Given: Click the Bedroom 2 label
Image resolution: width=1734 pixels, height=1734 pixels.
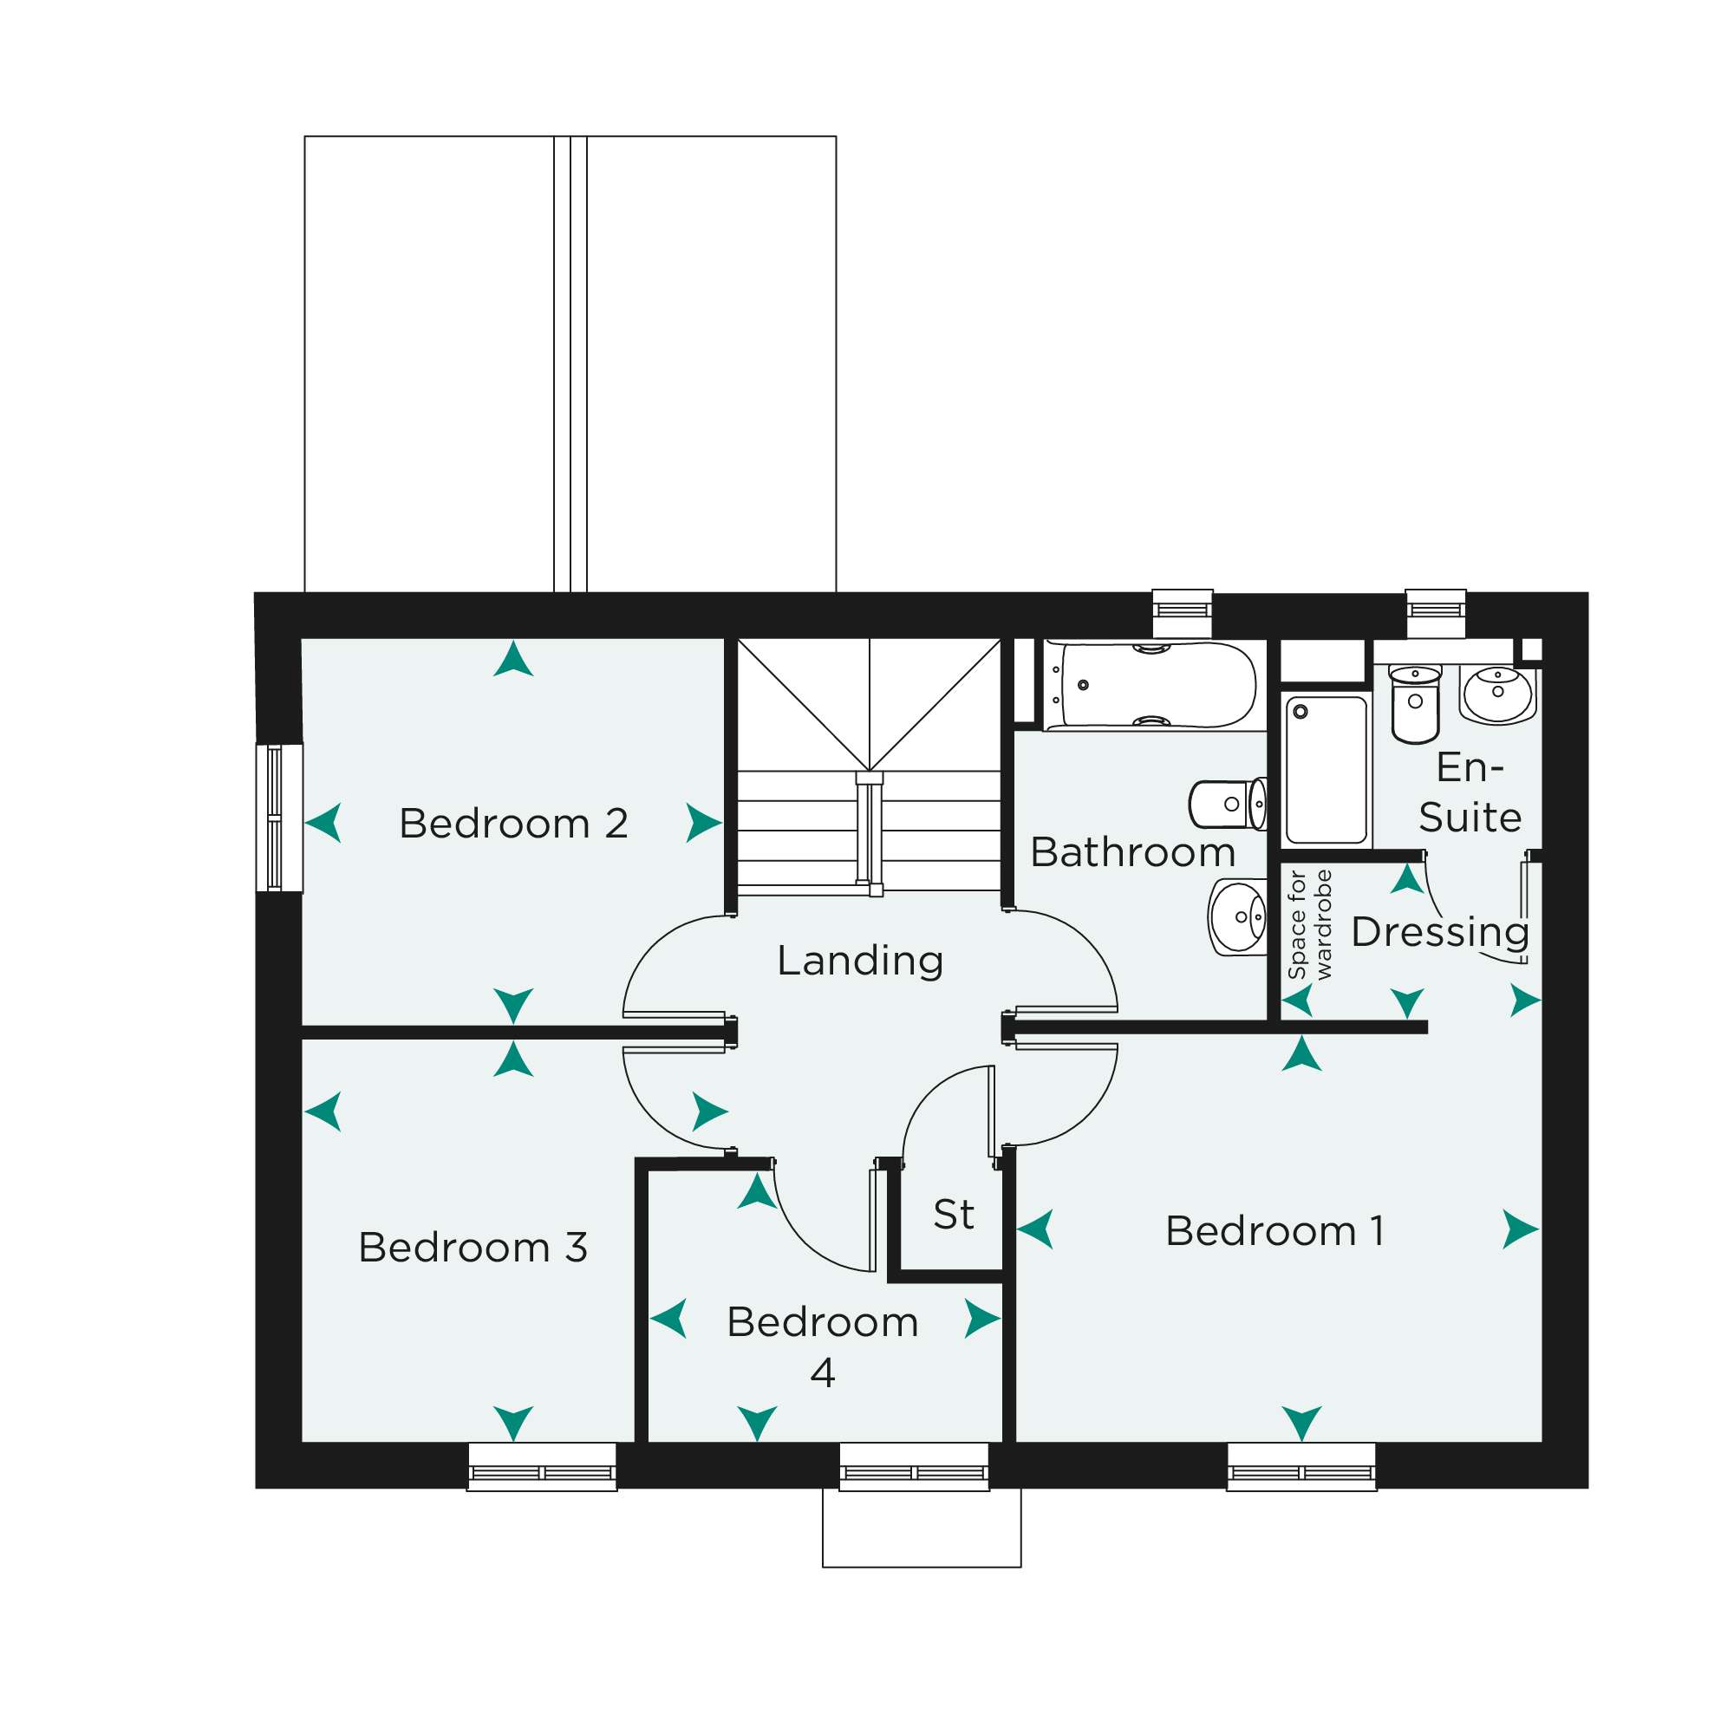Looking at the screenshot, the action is pos(513,823).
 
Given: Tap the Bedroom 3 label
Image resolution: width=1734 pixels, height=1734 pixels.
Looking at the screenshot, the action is pos(473,1248).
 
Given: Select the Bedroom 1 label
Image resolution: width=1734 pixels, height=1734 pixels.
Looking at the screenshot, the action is pos(1274,1230).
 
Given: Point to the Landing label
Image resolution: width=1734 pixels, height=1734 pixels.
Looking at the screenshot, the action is pos(860,961).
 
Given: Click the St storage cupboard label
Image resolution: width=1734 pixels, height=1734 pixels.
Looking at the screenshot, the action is pos(953,1215).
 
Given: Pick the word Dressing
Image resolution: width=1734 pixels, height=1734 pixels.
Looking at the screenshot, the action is pos(1439,934).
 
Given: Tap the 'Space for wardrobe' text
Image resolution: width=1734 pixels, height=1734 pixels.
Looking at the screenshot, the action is pos(1309,924).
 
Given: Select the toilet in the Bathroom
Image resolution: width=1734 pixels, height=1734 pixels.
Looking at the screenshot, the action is pos(1228,804).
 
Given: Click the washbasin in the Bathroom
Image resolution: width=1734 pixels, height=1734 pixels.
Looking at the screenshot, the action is pos(1238,917).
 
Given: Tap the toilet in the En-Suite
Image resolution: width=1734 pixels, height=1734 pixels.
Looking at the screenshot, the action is pos(1416,704).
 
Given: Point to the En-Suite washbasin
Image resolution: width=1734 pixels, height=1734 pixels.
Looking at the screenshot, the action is pos(1497,694).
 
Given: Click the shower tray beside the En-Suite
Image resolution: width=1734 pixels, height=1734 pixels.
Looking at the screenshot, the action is pos(1326,770).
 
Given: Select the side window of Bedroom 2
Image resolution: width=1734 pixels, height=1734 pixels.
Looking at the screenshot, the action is pos(279,818).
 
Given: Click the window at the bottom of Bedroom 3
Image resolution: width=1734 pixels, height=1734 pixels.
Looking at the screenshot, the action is pos(542,1467).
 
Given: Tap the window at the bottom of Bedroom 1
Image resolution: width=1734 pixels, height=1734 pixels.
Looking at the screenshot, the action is pos(1301,1467).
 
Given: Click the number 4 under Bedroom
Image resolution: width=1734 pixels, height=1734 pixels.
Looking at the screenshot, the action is pos(823,1372).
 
